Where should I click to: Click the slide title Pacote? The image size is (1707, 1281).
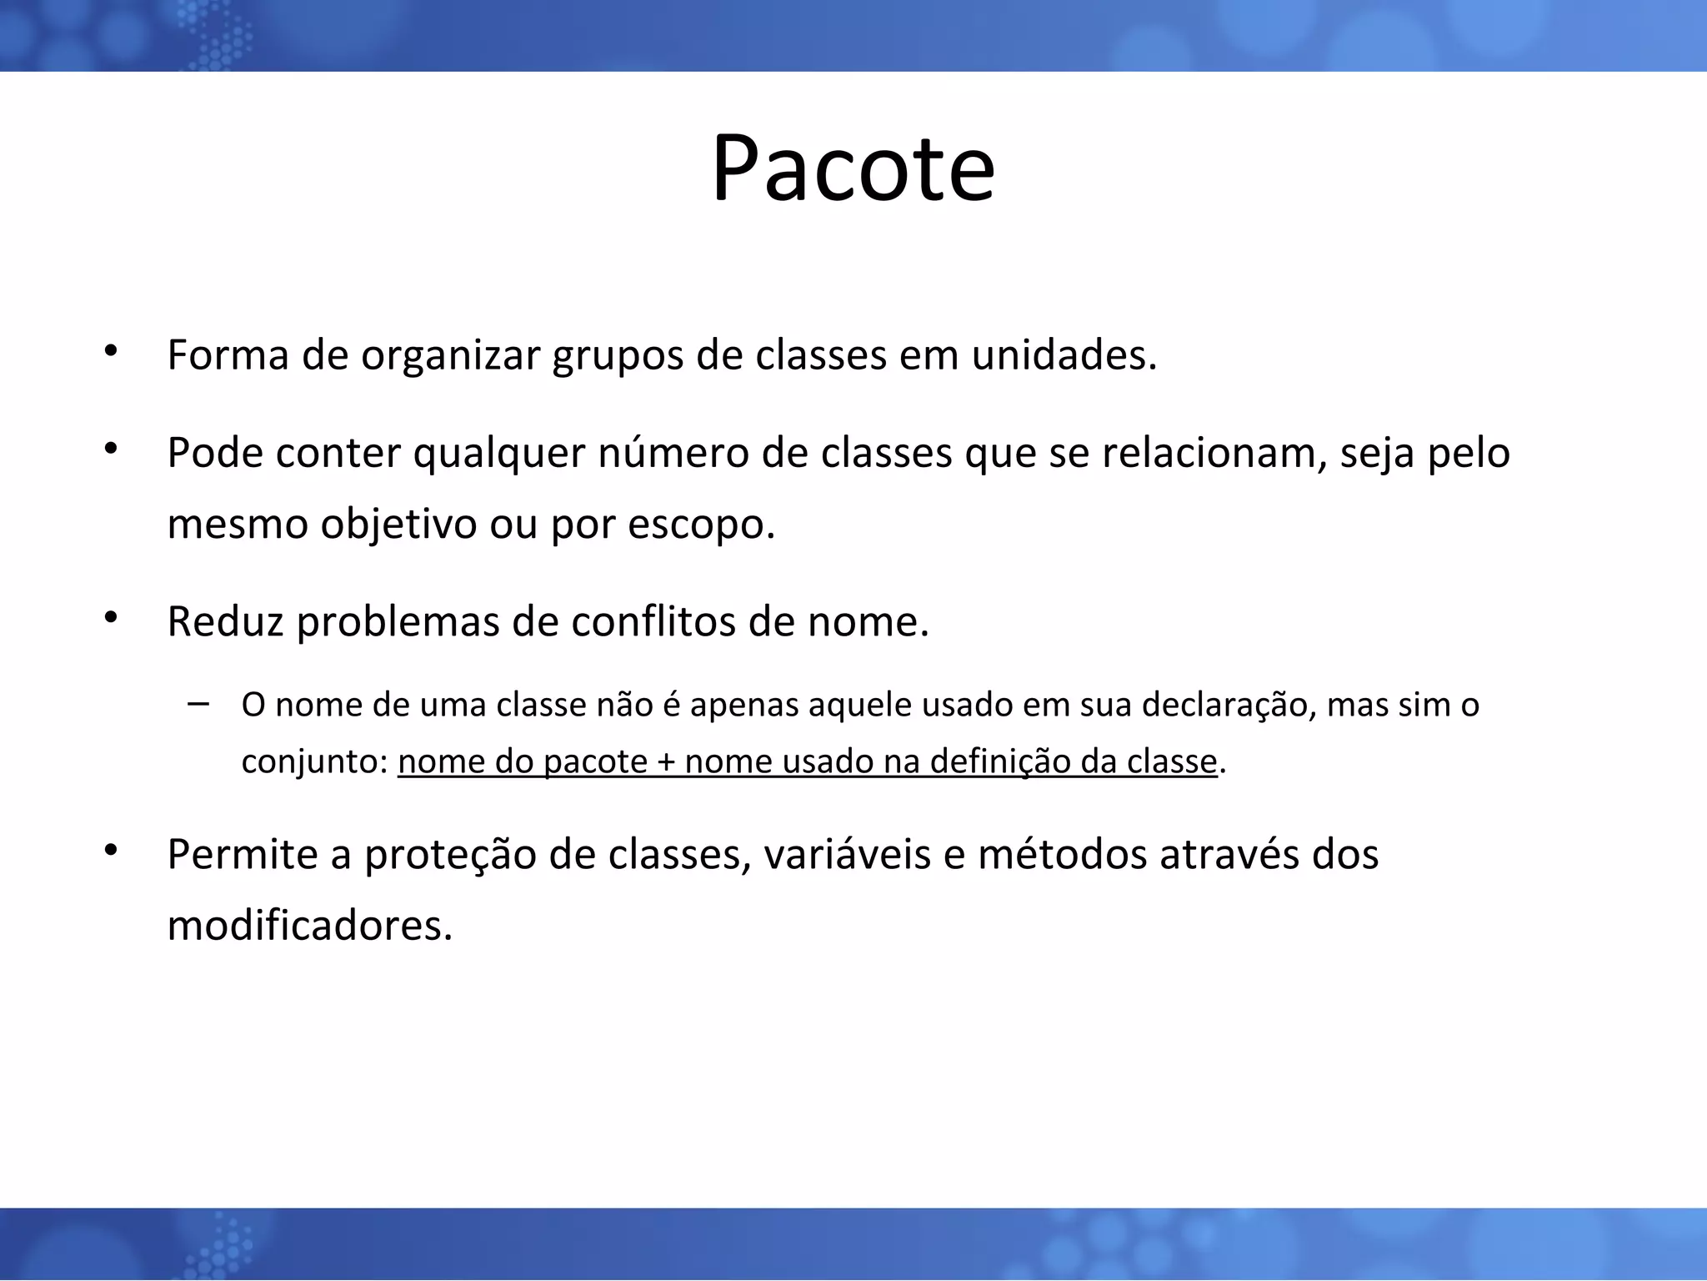853,169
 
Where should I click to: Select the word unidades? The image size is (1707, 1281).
1064,355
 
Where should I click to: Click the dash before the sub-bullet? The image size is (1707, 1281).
198,703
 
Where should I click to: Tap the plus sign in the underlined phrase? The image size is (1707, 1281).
666,762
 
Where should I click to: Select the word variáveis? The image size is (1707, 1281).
845,855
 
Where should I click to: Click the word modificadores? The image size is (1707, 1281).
308,926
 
